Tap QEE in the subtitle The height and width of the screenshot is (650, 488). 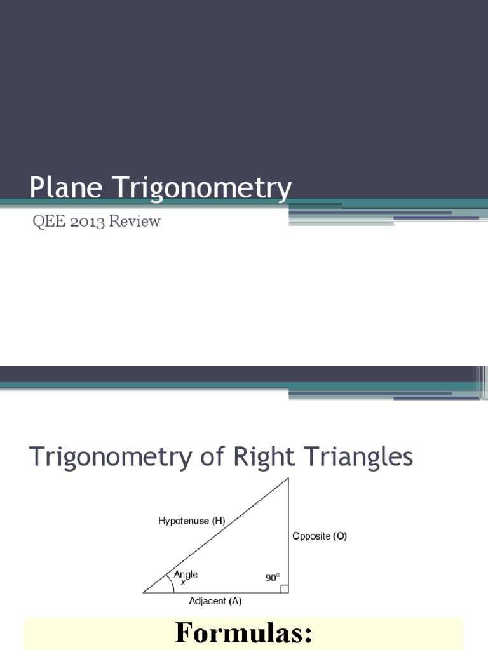(47, 222)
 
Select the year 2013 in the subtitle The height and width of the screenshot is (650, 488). (87, 222)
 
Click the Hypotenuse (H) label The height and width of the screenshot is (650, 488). (191, 521)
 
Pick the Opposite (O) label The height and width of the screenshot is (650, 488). (320, 536)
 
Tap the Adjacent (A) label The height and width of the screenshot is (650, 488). (215, 600)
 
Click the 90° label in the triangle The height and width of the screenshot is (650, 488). (273, 578)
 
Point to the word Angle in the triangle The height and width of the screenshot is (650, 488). (186, 574)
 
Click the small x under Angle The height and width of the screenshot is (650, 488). (183, 582)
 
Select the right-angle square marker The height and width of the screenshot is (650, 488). (285, 588)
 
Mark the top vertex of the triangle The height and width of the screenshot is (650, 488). (288, 479)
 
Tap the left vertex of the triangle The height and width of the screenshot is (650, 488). (144, 592)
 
